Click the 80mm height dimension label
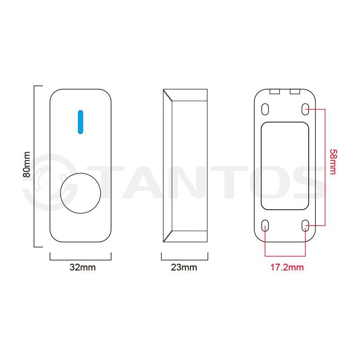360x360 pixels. pyautogui.click(x=27, y=164)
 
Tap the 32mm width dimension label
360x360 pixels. pyautogui.click(x=83, y=267)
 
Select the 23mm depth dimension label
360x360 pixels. pyautogui.click(x=184, y=267)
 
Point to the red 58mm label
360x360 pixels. pyautogui.click(x=333, y=162)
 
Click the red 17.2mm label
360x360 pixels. pyautogui.click(x=287, y=267)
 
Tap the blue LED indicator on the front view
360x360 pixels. pyautogui.click(x=81, y=122)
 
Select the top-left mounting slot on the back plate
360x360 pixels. pyautogui.click(x=265, y=109)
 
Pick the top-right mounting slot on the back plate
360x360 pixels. pyautogui.click(x=306, y=109)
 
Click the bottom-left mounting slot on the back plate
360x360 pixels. pyautogui.click(x=265, y=225)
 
